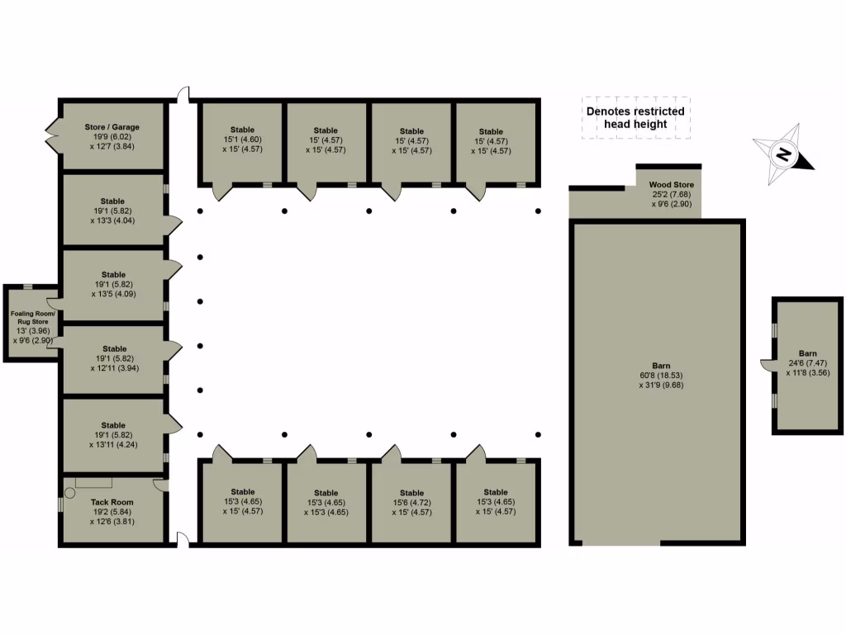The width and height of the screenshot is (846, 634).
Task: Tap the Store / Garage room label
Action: (112, 127)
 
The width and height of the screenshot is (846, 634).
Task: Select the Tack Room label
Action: (112, 502)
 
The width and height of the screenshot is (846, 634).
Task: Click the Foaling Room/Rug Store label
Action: (32, 319)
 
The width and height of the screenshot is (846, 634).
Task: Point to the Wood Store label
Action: (670, 185)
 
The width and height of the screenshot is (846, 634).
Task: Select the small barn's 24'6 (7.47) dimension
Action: (808, 362)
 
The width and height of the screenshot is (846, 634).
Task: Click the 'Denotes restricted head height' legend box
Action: (634, 117)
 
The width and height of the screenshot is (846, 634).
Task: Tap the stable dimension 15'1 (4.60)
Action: (242, 140)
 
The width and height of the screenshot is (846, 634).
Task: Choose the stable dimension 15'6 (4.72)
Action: (411, 502)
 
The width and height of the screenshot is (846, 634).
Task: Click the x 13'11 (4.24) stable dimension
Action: (113, 444)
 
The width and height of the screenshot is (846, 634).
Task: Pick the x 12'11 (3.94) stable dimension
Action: (113, 368)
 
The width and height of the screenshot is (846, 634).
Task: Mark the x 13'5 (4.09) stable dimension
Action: (113, 294)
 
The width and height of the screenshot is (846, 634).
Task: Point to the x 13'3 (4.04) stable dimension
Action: (113, 220)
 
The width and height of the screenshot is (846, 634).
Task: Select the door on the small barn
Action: (767, 363)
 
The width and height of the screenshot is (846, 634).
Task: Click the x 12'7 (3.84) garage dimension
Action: (112, 146)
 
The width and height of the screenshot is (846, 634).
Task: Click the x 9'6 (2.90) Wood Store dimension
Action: (670, 204)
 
